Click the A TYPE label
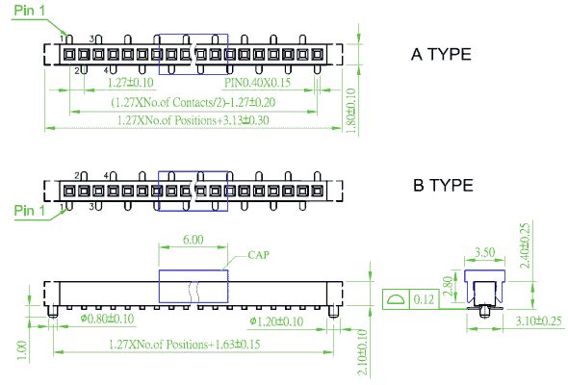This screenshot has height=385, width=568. pyautogui.click(x=441, y=54)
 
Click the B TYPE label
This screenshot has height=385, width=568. pyautogui.click(x=443, y=185)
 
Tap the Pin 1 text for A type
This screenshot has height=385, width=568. pyautogui.click(x=29, y=11)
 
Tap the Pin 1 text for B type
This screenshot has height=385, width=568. pyautogui.click(x=29, y=210)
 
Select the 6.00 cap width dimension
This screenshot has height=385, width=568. pyautogui.click(x=194, y=240)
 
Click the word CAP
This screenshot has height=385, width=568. pyautogui.click(x=258, y=255)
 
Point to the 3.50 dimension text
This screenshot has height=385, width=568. pyautogui.click(x=484, y=252)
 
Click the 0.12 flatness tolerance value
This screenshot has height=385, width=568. pyautogui.click(x=424, y=299)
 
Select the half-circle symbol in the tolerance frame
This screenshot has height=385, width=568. pyautogui.click(x=396, y=299)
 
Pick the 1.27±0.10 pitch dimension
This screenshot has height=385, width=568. pyautogui.click(x=131, y=82)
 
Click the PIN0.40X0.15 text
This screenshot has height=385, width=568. pyautogui.click(x=257, y=83)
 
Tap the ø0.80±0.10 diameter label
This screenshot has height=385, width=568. pyautogui.click(x=107, y=319)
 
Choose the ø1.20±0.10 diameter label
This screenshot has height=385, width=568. pyautogui.click(x=276, y=321)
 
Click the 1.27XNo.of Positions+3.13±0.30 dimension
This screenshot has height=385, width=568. pyautogui.click(x=194, y=120)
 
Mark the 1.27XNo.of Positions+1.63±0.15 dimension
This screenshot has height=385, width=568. pyautogui.click(x=185, y=344)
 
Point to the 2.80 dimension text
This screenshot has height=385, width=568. pyautogui.click(x=448, y=286)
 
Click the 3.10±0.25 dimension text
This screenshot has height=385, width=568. pyautogui.click(x=538, y=321)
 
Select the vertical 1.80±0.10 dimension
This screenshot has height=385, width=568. pyautogui.click(x=351, y=111)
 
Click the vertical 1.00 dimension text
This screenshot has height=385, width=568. pyautogui.click(x=22, y=350)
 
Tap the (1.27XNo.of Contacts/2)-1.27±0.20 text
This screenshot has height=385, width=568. pyautogui.click(x=194, y=102)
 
